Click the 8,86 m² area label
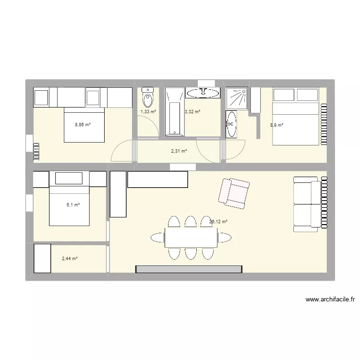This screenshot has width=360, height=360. point(82,125)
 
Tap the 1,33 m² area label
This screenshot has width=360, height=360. point(148,112)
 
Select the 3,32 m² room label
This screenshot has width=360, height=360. point(192,112)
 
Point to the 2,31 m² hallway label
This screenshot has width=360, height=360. point(179,151)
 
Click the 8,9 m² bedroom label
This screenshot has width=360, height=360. point(276,125)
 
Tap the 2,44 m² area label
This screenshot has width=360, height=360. point(70,259)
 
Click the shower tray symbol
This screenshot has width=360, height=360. point(237,98)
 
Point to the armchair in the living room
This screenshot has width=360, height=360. point(234,192)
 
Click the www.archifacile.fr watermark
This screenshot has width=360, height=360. point(331,300)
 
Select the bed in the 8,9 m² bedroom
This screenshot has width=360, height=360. point(295,116)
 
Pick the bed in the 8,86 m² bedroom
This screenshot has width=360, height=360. point(84,125)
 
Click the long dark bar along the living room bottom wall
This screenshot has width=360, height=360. point(189,269)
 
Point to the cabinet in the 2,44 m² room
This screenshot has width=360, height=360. point(42,258)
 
